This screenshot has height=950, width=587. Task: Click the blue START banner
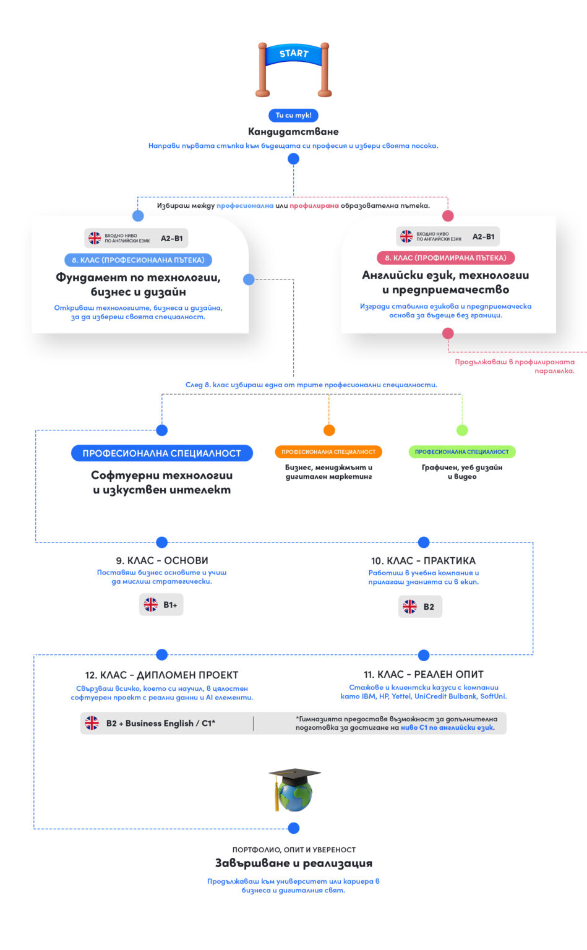coord(293,54)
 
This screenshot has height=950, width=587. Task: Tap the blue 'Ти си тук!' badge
coord(293,115)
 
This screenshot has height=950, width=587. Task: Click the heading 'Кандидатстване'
coord(293,131)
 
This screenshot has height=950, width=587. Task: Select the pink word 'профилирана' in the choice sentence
coord(314,205)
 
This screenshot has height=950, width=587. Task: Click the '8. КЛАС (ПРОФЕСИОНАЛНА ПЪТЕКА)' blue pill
coord(138,260)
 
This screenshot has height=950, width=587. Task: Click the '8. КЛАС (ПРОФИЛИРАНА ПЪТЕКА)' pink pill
coord(445,257)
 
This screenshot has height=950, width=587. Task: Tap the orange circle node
coord(329,430)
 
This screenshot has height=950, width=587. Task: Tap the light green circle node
coord(462,430)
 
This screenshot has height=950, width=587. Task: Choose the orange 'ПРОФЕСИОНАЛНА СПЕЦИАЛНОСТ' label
coord(328,452)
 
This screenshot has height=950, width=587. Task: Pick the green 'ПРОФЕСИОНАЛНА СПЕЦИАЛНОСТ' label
coord(462,452)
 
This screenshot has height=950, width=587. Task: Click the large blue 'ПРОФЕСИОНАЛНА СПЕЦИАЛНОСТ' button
coord(161,453)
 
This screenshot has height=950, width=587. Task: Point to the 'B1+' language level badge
coord(161,605)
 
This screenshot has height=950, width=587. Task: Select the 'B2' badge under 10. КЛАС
coord(420,607)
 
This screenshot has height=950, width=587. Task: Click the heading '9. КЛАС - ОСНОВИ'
coord(162,560)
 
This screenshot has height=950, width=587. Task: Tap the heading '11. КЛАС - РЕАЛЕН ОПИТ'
coord(424,674)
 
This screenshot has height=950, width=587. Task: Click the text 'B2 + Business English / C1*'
coord(161,723)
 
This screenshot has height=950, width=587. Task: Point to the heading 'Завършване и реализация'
coord(293,863)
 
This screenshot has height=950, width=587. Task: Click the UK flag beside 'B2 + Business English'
coord(92,723)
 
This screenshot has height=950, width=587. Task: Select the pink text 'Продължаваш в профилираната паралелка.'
coord(515,366)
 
